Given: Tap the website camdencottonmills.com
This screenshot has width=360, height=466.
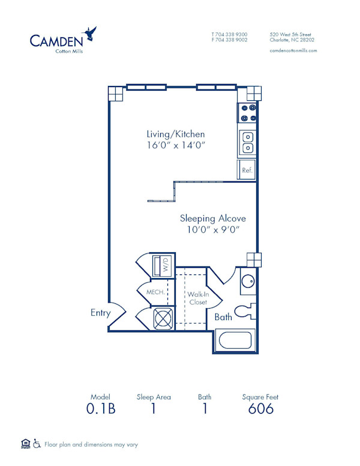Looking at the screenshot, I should pyautogui.click(x=293, y=50).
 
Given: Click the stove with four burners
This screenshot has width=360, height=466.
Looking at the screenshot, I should pyautogui.click(x=247, y=112).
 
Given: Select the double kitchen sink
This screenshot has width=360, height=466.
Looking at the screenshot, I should pyautogui.click(x=247, y=143).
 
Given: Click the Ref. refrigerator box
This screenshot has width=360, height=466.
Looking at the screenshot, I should pyautogui.click(x=247, y=170).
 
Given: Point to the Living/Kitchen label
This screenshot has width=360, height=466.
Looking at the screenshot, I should pyautogui.click(x=176, y=134).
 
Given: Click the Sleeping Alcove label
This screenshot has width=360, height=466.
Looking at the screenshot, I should pyautogui.click(x=213, y=219).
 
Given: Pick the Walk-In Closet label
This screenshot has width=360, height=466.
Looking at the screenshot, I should pyautogui.click(x=197, y=298).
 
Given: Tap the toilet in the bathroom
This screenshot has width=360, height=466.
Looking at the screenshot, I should pyautogui.click(x=244, y=310).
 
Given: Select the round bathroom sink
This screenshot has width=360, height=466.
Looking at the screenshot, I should pyautogui.click(x=248, y=282).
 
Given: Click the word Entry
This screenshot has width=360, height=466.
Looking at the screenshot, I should pyautogui.click(x=101, y=312).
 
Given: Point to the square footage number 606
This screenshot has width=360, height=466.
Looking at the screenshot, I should pyautogui.click(x=260, y=409).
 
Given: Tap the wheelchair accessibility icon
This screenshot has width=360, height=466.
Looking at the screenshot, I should pyautogui.click(x=37, y=444).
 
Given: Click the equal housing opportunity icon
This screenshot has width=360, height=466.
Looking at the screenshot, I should pyautogui.click(x=25, y=444).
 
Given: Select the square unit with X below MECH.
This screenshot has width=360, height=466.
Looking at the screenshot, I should pyautogui.click(x=163, y=318).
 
